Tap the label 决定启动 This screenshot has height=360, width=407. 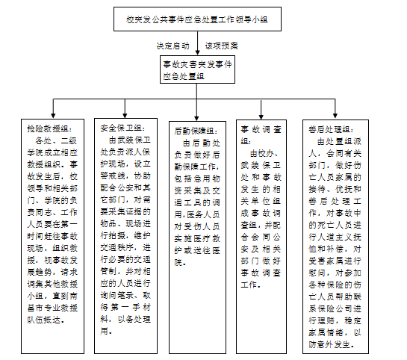pyautogui.click(x=173, y=46)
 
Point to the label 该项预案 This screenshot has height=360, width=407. pyautogui.click(x=221, y=46)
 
